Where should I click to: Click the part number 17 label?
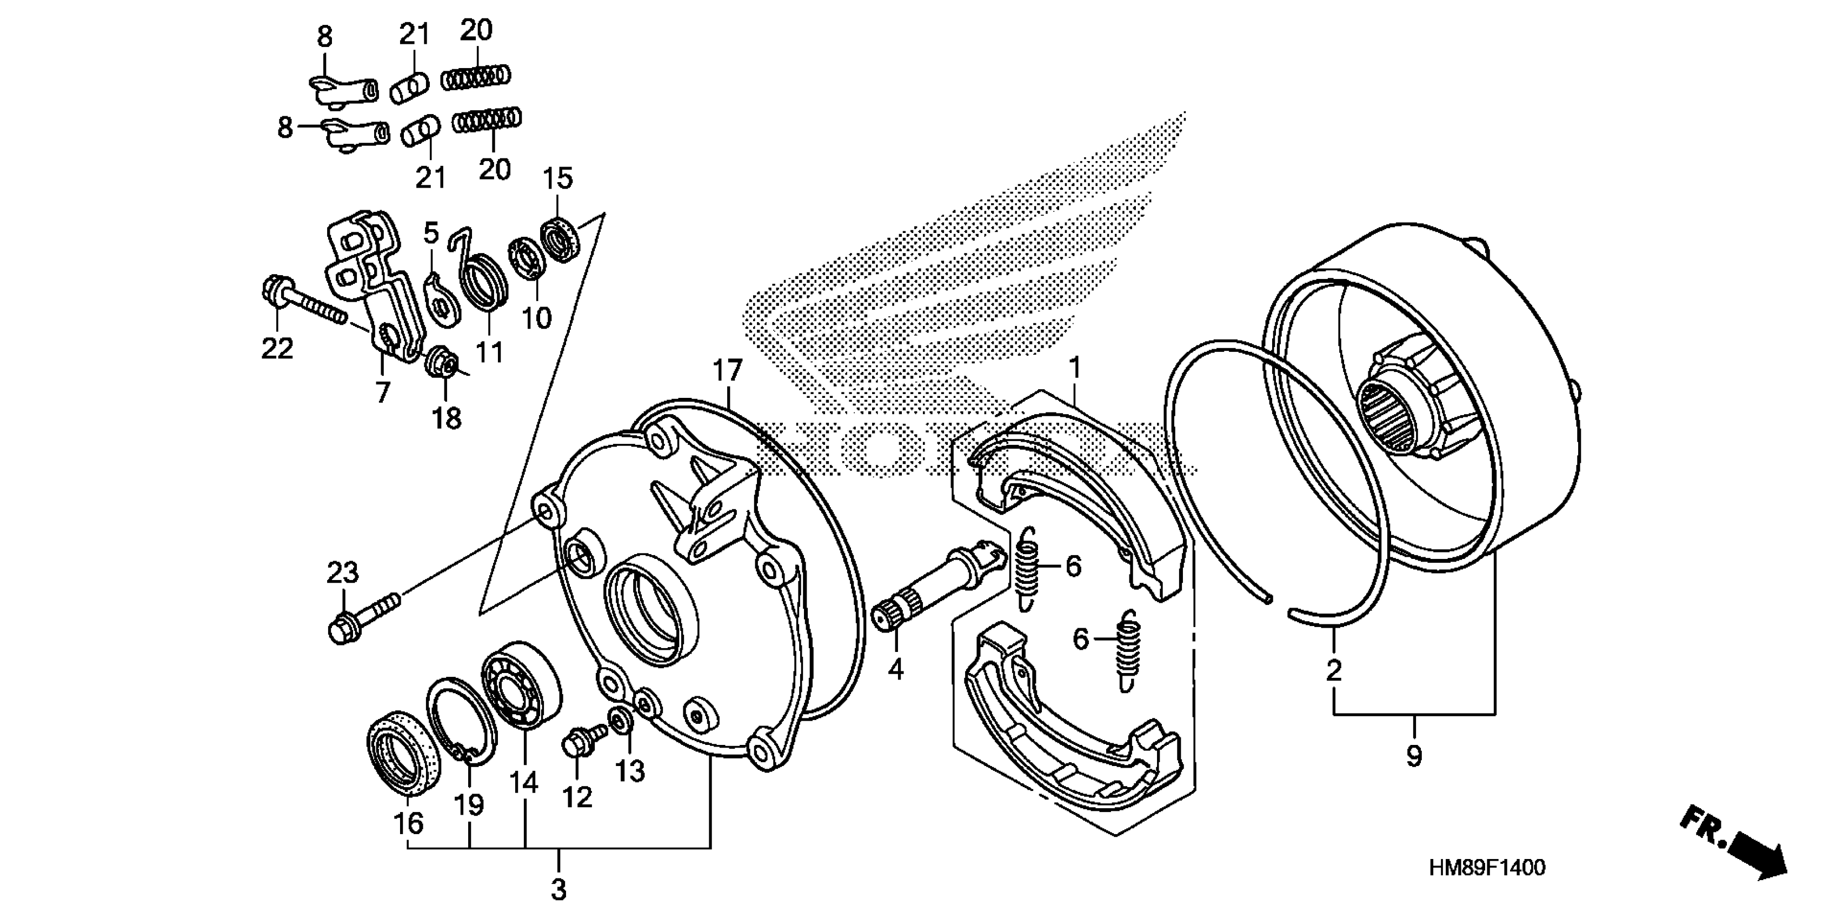pyautogui.click(x=728, y=371)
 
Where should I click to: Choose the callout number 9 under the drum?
pyautogui.click(x=1414, y=756)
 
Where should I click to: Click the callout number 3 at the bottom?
pyautogui.click(x=558, y=890)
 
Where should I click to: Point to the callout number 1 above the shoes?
pyautogui.click(x=1074, y=368)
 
